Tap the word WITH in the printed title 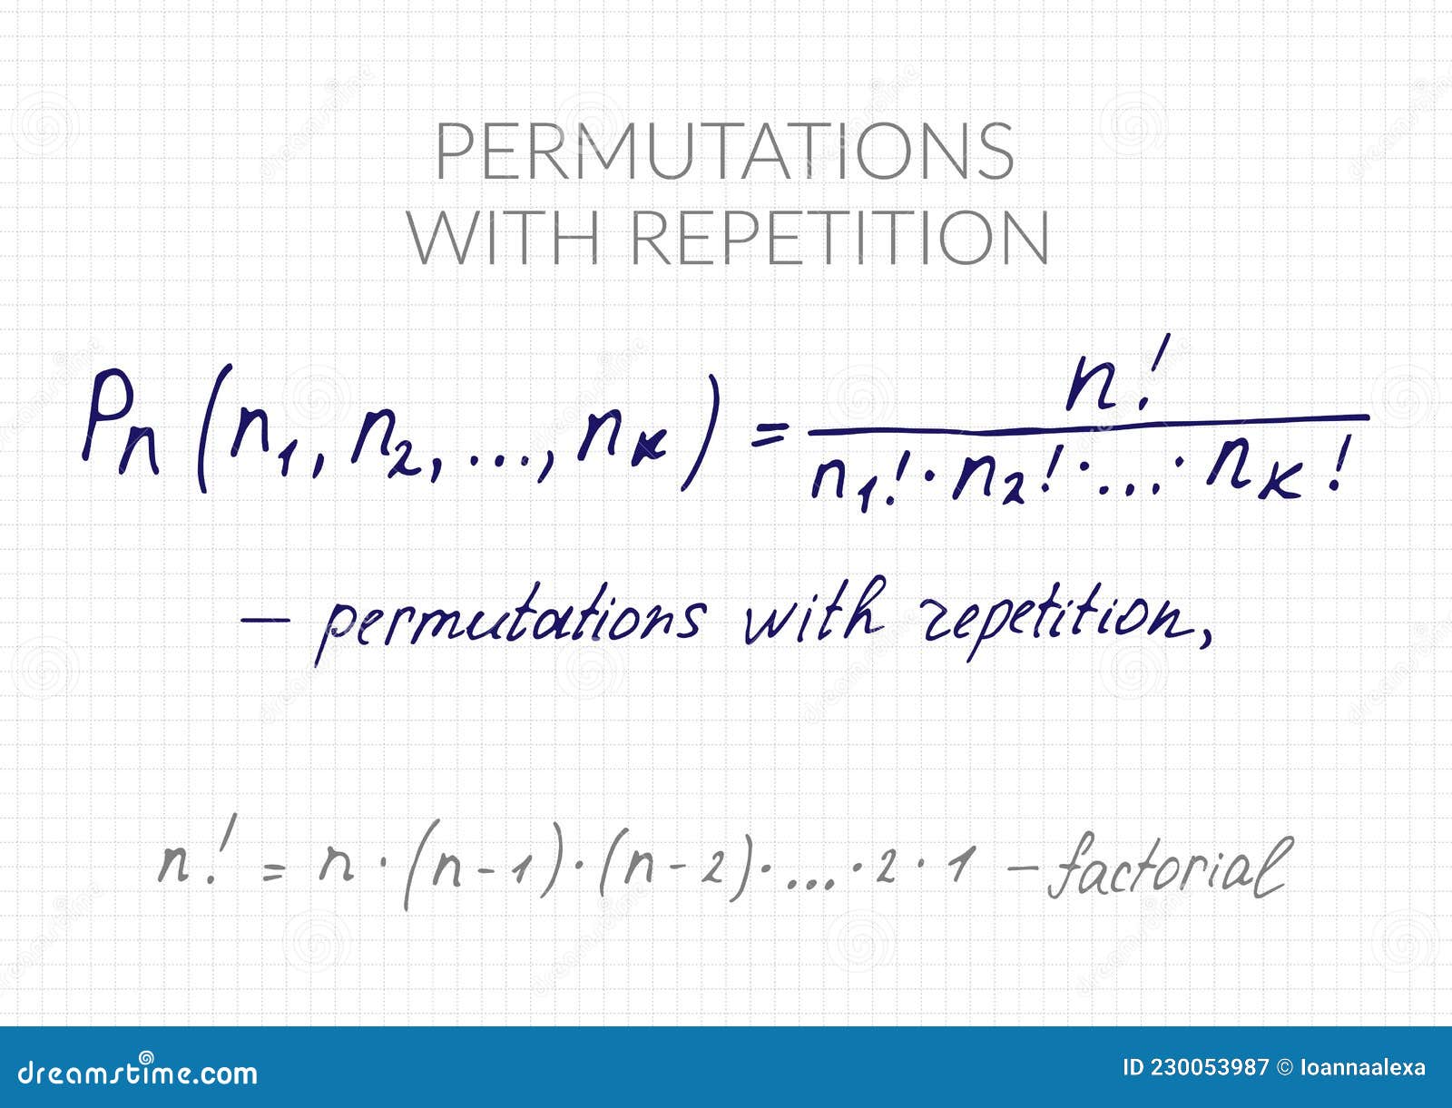[504, 238]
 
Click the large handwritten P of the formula [109, 416]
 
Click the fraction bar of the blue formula [1088, 425]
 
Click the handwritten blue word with [814, 612]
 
